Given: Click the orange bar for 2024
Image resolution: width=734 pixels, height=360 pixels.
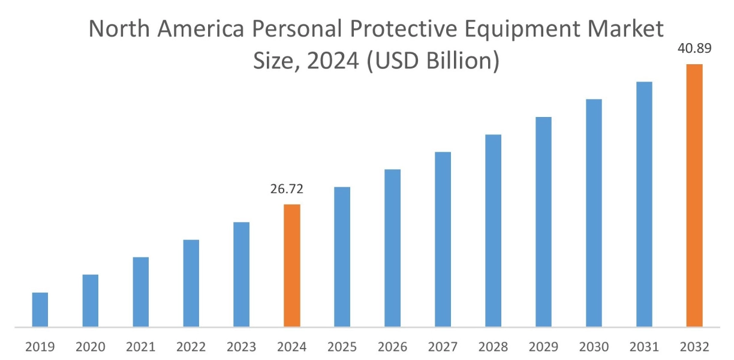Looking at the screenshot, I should pos(292,266).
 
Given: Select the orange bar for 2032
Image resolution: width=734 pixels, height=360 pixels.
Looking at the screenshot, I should pos(694,196).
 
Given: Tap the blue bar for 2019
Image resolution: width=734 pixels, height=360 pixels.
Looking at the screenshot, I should pos(40,310).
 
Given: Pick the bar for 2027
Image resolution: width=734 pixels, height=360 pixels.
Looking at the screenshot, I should pos(443,239).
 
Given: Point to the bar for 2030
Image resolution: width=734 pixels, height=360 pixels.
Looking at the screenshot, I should pos(594,213).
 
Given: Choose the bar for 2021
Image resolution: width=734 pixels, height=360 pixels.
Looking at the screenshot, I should pos(141,292).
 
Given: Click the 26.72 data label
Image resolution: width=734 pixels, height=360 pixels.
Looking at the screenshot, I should pos(287,190).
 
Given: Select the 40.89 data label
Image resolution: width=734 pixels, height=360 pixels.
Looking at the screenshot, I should pos(694,49).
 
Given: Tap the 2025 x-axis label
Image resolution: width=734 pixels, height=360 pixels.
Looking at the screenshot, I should pos(342,347).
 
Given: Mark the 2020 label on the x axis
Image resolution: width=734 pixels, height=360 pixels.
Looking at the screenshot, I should pos(91,347).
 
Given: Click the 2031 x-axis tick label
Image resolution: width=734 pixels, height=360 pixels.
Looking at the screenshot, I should pos(644,347).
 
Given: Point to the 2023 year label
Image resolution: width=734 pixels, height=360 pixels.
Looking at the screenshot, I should pos(242,347).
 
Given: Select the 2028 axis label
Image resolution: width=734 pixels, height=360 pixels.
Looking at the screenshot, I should pos(493,347).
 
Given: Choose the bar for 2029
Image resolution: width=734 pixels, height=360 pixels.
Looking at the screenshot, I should pos(543,222).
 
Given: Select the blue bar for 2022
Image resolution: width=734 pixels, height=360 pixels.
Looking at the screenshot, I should pos(191,283).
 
